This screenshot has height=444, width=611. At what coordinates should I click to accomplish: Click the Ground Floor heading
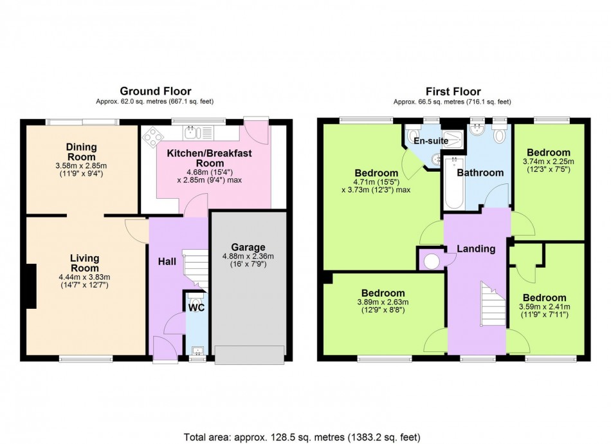coord(156,91)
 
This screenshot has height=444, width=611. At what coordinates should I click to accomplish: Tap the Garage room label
coord(248,247)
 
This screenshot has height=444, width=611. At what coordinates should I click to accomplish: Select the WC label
coord(196,308)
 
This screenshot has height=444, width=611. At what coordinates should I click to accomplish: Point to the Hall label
coord(167,262)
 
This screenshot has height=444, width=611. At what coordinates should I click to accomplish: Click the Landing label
coord(476,249)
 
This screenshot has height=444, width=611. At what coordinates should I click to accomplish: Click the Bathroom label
coord(480,172)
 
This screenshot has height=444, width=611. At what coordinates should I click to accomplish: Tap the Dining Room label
coord(81,153)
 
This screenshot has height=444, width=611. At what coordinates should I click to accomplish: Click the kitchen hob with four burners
coord(154,136)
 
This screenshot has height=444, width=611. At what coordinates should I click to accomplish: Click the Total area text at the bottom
coord(302,437)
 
